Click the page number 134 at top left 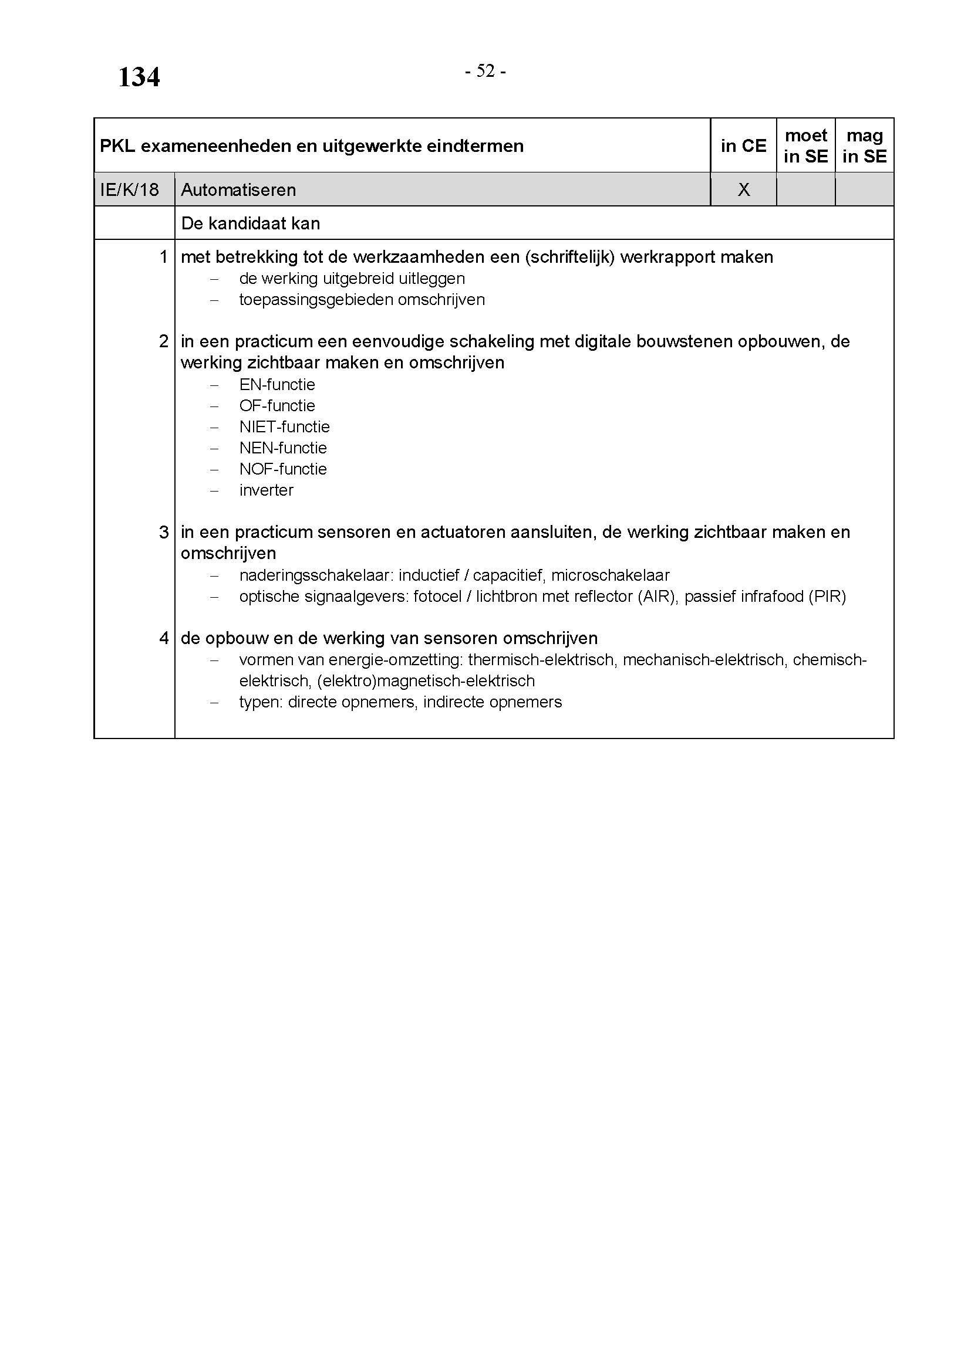[139, 77]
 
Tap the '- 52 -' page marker [485, 71]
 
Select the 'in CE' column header [743, 146]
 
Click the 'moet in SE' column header [805, 146]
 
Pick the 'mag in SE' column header [864, 146]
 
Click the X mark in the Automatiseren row [743, 190]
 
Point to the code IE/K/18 [129, 190]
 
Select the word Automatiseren [238, 190]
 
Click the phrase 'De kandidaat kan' [250, 223]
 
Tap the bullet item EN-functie [277, 384]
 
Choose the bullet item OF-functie [277, 406]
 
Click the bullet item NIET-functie [284, 426]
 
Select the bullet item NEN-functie [283, 448]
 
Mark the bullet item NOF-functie [283, 469]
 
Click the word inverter [266, 490]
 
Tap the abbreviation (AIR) [657, 597]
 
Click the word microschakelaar [610, 575]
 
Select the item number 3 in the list [164, 532]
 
